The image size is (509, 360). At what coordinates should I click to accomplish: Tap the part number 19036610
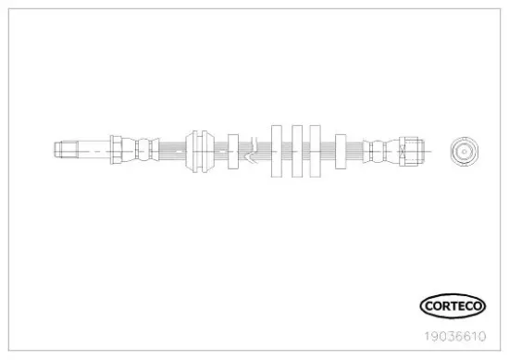coord(455,336)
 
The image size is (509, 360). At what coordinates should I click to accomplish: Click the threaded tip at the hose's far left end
coord(67,150)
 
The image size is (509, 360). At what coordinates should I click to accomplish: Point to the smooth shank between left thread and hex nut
coord(94,150)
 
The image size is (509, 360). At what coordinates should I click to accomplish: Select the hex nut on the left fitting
coord(116,150)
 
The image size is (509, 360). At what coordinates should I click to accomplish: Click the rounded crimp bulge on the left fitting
coord(143,150)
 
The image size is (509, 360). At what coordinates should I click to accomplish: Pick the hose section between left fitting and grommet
coord(172,151)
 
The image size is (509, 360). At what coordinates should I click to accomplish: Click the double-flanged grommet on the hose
coord(200,151)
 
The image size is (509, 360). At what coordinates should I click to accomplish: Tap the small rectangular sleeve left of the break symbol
coord(233,152)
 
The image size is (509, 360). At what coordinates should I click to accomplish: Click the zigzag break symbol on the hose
coord(253,150)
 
